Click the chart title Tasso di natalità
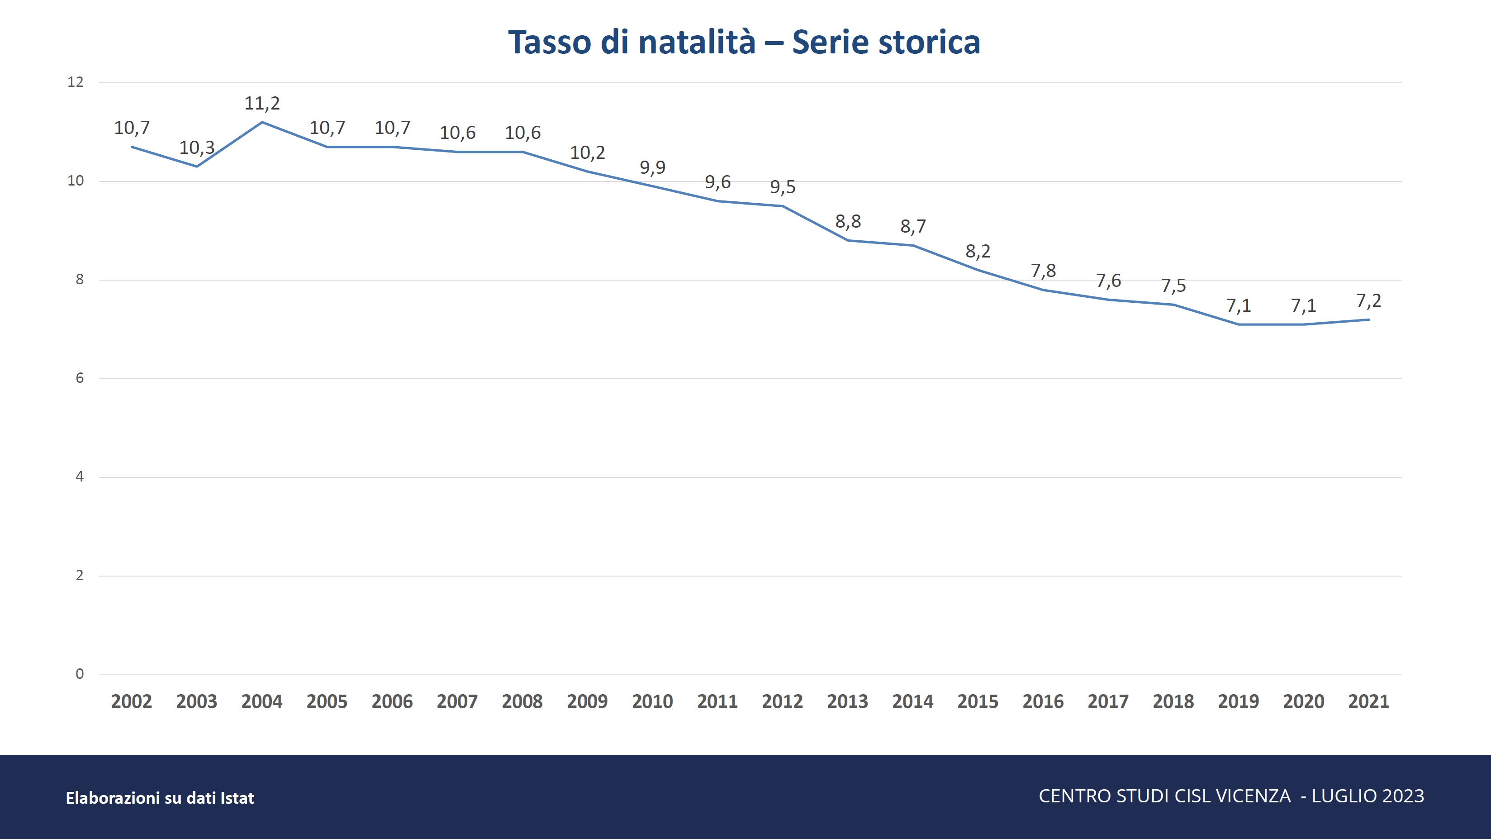pos(632,42)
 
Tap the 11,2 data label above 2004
pos(262,104)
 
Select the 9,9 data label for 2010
pos(652,168)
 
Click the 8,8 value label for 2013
pos(848,222)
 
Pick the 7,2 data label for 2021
pos(1368,301)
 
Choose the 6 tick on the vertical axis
pos(80,378)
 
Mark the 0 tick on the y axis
pos(80,674)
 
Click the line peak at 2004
pos(262,122)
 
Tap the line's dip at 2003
pos(197,167)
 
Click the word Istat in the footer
pos(237,798)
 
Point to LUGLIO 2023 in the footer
pos(1368,796)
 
